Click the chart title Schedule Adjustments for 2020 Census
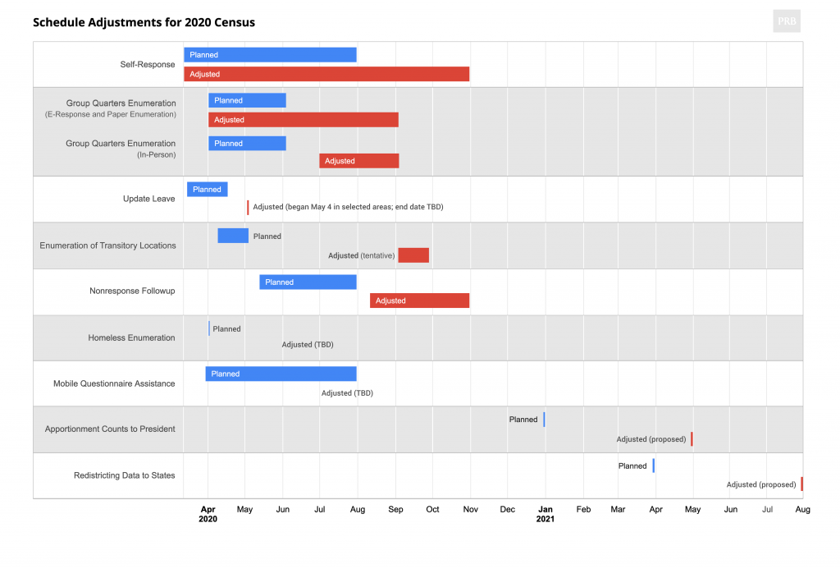(144, 22)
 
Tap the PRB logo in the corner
(787, 21)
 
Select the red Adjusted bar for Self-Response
(326, 74)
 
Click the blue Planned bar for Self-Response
(270, 55)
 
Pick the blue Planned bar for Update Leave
(207, 189)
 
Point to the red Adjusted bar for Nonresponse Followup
(419, 301)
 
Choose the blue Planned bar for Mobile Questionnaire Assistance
(281, 374)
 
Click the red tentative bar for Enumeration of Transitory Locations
(413, 255)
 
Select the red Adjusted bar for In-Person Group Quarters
(358, 161)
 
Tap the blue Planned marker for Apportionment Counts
(544, 420)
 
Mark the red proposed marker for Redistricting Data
(801, 484)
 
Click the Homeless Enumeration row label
(131, 337)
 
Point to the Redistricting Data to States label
(124, 475)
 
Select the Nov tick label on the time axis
(470, 510)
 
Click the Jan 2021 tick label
(546, 514)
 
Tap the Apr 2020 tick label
(208, 514)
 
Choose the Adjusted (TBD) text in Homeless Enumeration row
(308, 345)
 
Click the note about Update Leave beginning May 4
(348, 207)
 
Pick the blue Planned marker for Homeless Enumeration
(209, 328)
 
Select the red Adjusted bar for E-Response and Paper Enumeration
(303, 120)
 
